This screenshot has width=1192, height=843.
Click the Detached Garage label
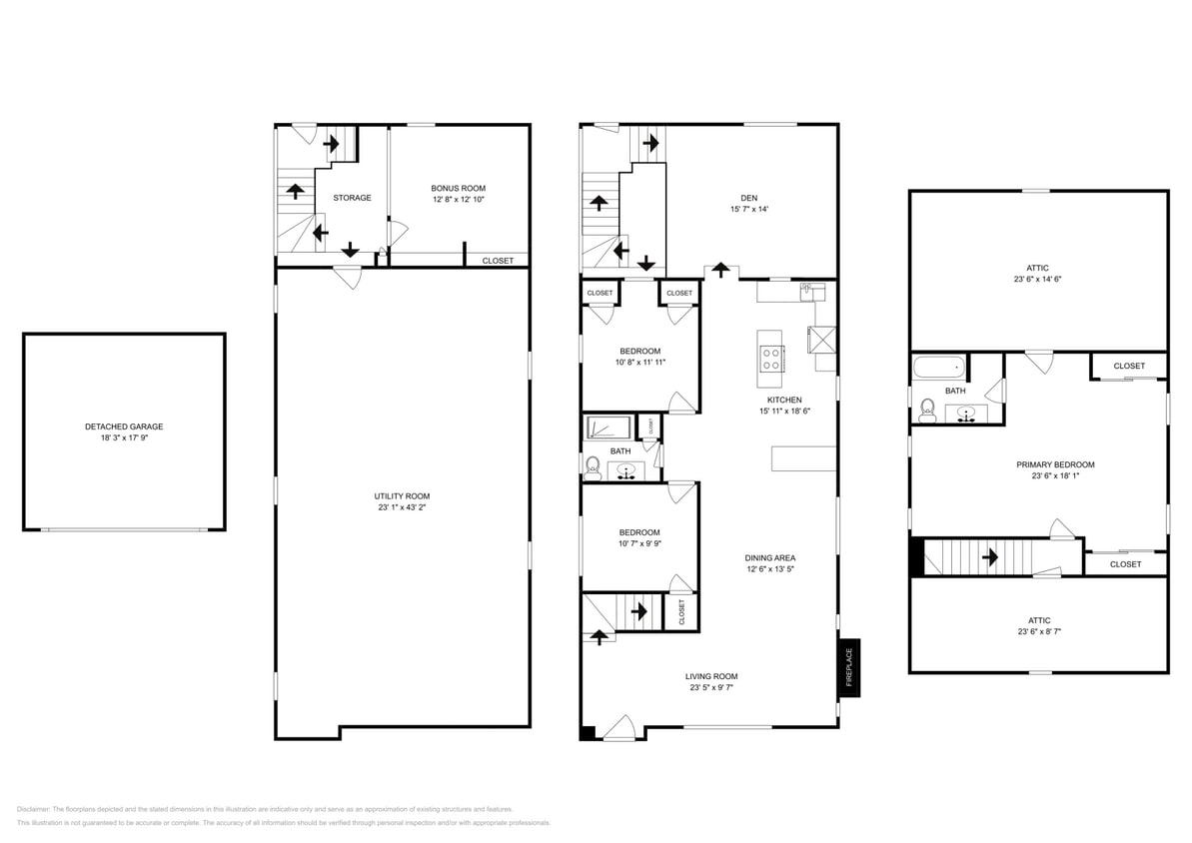coord(124,426)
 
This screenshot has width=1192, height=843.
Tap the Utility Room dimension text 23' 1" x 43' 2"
coord(402,507)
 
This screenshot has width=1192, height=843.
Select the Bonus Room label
coord(458,188)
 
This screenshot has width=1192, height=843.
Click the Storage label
coord(352,198)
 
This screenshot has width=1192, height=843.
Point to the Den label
coord(749,197)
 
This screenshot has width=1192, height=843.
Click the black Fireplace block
coord(849,667)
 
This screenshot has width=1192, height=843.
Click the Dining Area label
coord(769,557)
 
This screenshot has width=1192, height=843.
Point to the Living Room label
coord(711,676)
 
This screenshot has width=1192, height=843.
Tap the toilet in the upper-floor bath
coord(927,410)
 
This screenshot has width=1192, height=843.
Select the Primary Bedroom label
coord(1055,464)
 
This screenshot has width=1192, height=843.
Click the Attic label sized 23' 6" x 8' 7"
coord(1038,620)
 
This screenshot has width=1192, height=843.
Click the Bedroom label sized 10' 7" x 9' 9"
coord(639,532)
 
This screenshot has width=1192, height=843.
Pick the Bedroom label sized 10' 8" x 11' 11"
coord(639,351)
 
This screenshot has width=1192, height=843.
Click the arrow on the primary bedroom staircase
coord(993,556)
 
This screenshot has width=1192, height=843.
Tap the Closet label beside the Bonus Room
coord(498,261)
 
